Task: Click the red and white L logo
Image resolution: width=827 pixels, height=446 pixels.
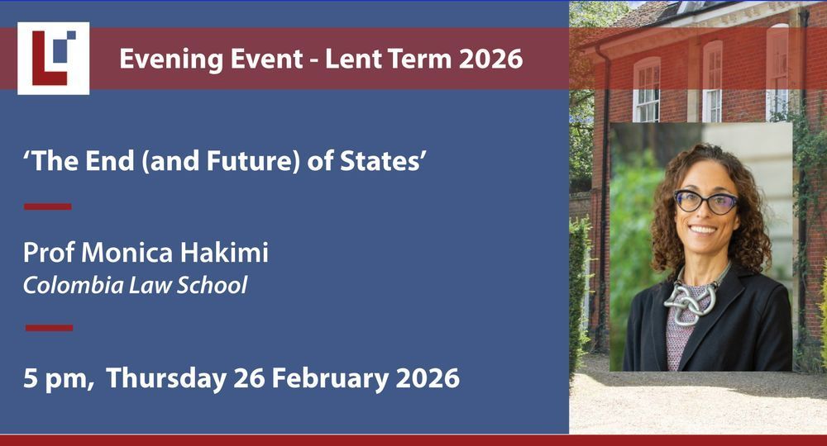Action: tap(53, 59)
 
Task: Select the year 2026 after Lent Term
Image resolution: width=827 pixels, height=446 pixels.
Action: tap(490, 59)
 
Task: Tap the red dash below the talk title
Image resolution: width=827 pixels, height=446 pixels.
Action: tap(47, 206)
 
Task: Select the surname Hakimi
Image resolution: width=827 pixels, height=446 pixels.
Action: tap(224, 252)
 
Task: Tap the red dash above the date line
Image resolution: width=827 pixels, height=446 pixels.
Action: tap(49, 328)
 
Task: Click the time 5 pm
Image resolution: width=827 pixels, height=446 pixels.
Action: tap(59, 379)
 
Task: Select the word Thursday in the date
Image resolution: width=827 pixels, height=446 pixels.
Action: tap(166, 379)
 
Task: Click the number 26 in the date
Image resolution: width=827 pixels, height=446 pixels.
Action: tap(249, 378)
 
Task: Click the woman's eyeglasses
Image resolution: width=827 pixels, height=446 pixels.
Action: tap(706, 202)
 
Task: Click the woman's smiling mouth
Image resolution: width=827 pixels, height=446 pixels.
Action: tap(703, 230)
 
